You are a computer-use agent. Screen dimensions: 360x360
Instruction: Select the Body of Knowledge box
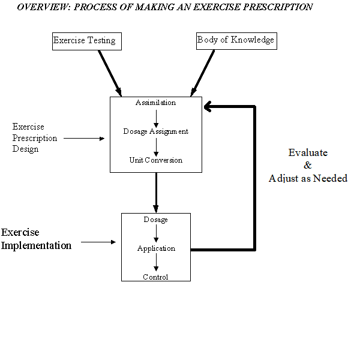click(x=236, y=40)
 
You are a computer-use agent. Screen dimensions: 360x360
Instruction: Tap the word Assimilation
click(x=155, y=103)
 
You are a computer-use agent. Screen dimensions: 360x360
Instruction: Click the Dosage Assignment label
click(x=155, y=131)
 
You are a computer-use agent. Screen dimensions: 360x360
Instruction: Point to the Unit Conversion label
click(x=155, y=160)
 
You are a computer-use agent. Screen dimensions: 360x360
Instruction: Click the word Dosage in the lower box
click(x=155, y=220)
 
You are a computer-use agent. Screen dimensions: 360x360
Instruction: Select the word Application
click(x=156, y=248)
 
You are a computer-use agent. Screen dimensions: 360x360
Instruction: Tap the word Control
click(x=155, y=277)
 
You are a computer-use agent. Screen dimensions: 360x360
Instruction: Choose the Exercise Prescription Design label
click(x=35, y=138)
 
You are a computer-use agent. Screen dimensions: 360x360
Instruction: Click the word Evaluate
click(x=308, y=152)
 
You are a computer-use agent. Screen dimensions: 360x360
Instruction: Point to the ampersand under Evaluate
click(x=308, y=166)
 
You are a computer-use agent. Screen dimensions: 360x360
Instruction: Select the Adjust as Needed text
click(x=308, y=179)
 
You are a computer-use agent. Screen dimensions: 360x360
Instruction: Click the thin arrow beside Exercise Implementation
click(x=98, y=242)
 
